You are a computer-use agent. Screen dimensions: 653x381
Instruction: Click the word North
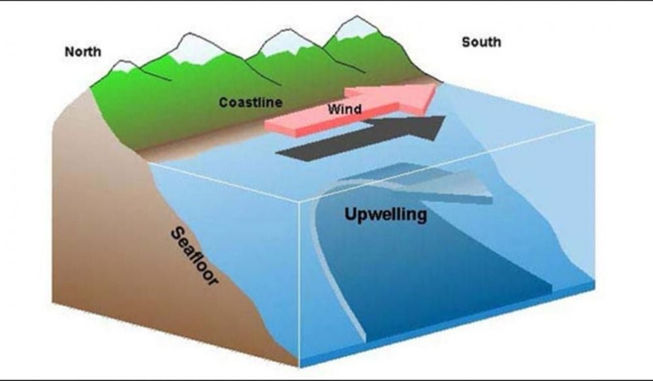coord(82,52)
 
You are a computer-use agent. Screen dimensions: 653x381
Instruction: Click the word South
coord(481,42)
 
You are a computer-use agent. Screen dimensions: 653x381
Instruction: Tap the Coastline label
coord(250,102)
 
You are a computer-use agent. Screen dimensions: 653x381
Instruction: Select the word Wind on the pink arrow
coord(344,109)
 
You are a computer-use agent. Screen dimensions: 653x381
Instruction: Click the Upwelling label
coord(386,215)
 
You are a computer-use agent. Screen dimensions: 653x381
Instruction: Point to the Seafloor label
coord(195,256)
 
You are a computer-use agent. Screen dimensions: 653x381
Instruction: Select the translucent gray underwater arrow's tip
coord(492,196)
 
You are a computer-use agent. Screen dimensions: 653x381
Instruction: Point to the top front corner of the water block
coord(300,202)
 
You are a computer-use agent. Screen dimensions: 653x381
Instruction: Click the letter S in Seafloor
coord(178,233)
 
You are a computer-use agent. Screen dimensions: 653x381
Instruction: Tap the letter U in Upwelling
coord(351,214)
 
